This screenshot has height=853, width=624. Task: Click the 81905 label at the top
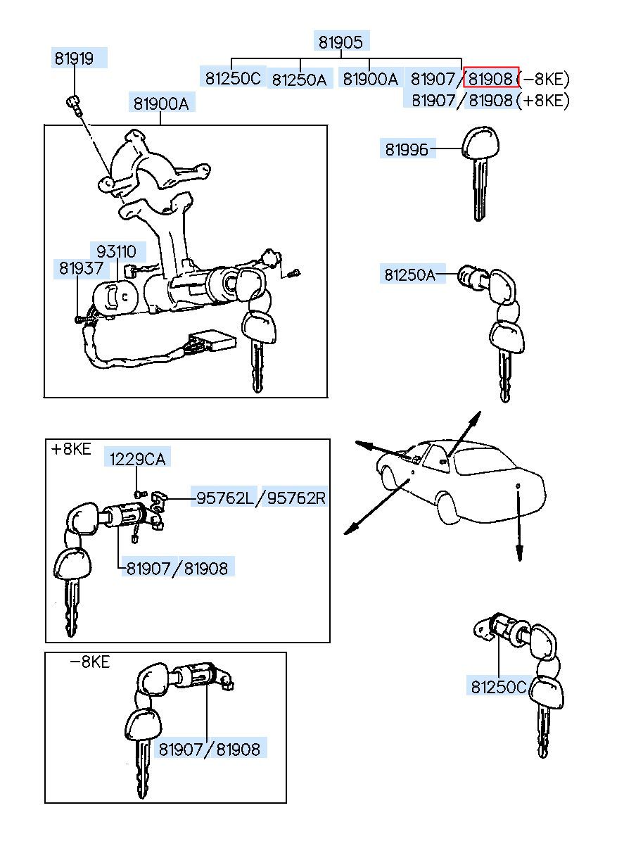(x=340, y=42)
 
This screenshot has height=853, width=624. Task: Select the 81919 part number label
(x=75, y=58)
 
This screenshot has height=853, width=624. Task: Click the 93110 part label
(x=116, y=251)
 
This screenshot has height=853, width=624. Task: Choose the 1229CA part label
(x=137, y=459)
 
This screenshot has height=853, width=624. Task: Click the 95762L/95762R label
(x=260, y=498)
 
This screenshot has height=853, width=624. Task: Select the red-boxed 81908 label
(x=490, y=77)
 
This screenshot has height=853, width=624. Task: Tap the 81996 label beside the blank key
(x=406, y=149)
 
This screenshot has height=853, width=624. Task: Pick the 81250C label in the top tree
(x=233, y=77)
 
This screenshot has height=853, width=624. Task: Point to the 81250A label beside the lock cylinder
(x=409, y=274)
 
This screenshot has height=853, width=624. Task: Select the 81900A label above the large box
(x=161, y=103)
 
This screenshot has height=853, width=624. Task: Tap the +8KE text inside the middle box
(x=71, y=449)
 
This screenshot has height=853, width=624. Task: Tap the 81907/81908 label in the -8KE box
(x=209, y=750)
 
